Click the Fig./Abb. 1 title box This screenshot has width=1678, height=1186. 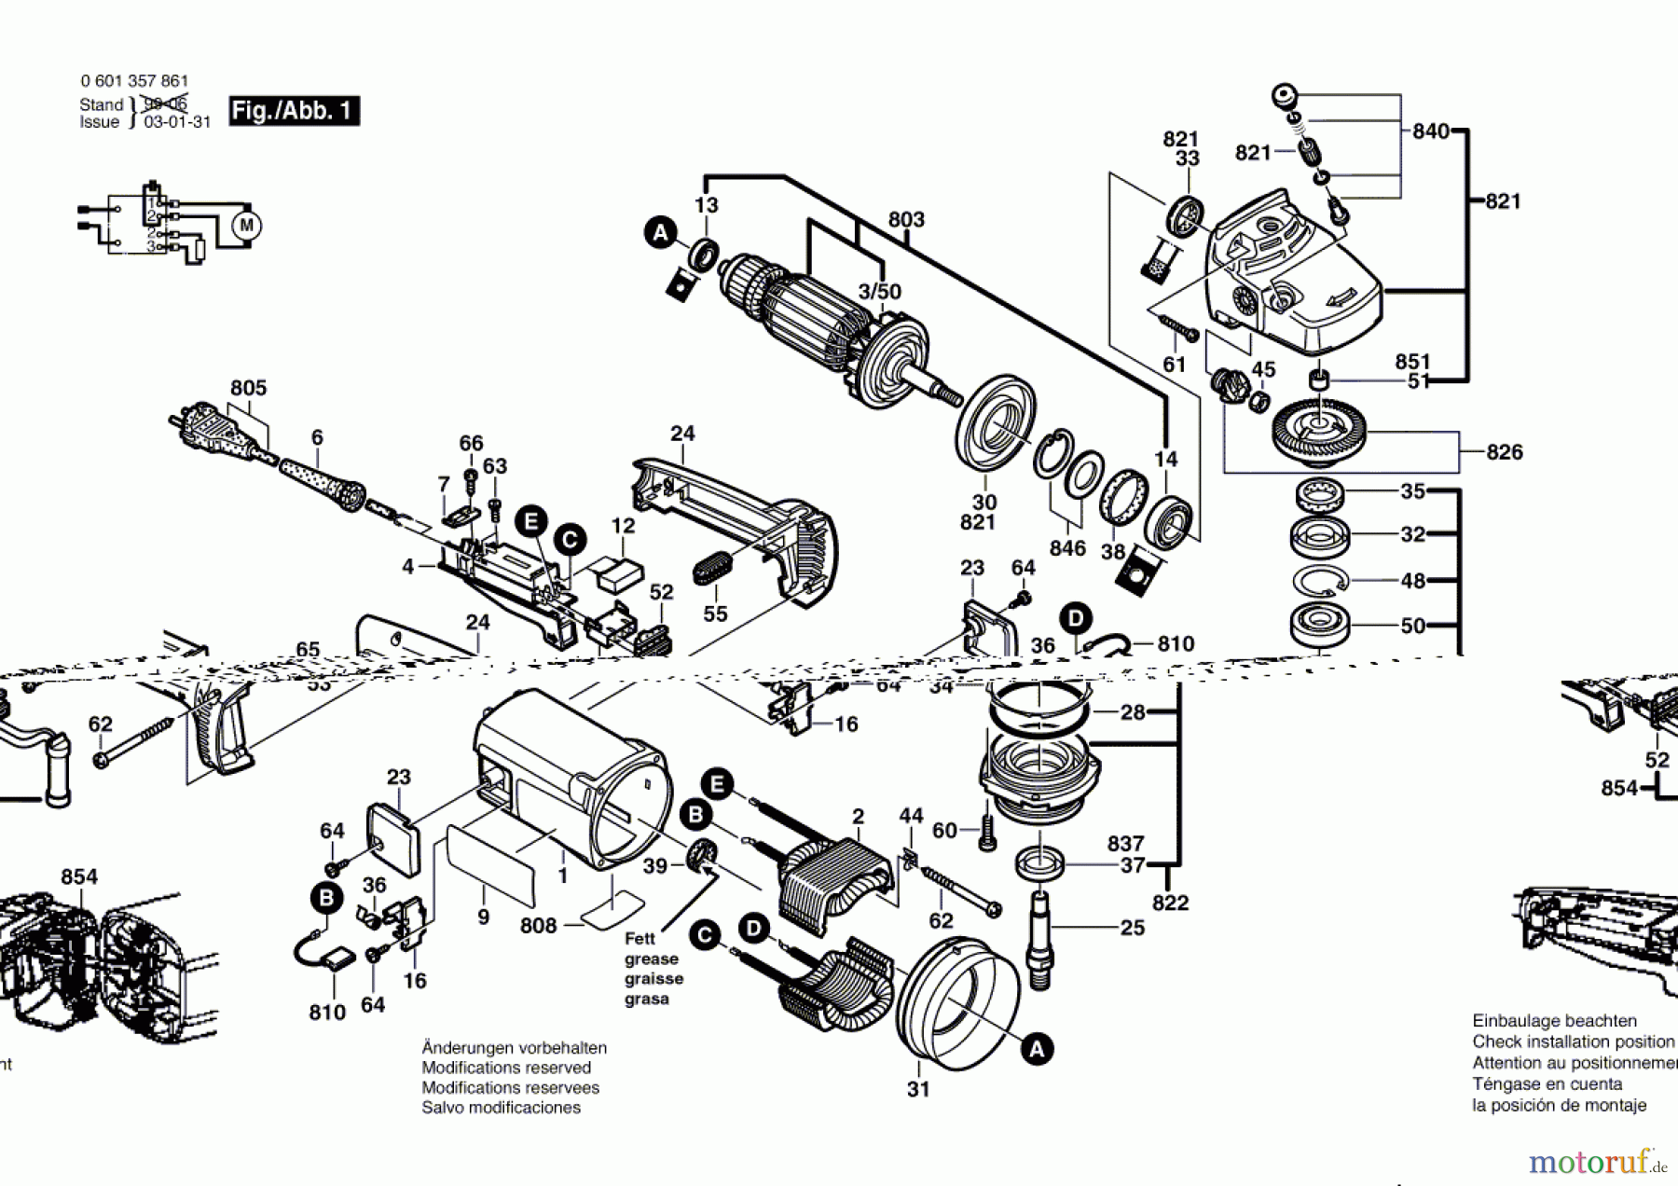pos(294,111)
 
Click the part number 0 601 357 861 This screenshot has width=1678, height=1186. pos(134,81)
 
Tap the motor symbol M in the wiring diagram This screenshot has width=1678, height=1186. pos(246,225)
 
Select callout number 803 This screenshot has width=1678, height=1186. pos(905,219)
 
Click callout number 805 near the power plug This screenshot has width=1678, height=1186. pos(248,388)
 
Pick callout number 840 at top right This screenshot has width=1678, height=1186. pos(1430,131)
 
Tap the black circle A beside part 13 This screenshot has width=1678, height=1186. pos(661,232)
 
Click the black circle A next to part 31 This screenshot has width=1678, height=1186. pos(1037,1050)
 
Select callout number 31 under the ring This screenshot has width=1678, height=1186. pos(918,1089)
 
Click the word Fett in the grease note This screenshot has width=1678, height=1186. pos(640,939)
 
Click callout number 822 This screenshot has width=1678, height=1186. pos(1170,903)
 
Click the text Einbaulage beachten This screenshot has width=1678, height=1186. pos(1554,1021)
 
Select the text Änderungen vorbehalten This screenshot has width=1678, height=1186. pos(514,1048)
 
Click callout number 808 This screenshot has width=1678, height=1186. pos(538,926)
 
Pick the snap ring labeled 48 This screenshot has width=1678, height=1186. pos(1320,580)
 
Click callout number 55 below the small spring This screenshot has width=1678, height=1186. pos(715,614)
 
